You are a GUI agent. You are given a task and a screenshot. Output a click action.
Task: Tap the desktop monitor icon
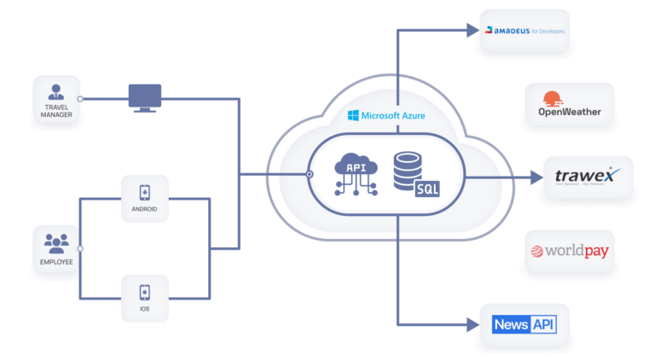144,97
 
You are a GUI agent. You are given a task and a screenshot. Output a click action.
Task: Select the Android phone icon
144,193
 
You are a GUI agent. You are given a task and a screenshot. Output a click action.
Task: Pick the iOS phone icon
144,291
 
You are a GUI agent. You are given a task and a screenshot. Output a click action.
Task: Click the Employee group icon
56,243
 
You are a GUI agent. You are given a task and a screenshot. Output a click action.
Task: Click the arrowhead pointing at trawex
536,177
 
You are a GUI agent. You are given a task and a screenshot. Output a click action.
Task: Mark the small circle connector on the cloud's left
309,174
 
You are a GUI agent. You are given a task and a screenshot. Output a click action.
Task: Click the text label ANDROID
144,209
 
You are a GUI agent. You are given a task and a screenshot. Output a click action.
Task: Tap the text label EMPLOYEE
56,261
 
